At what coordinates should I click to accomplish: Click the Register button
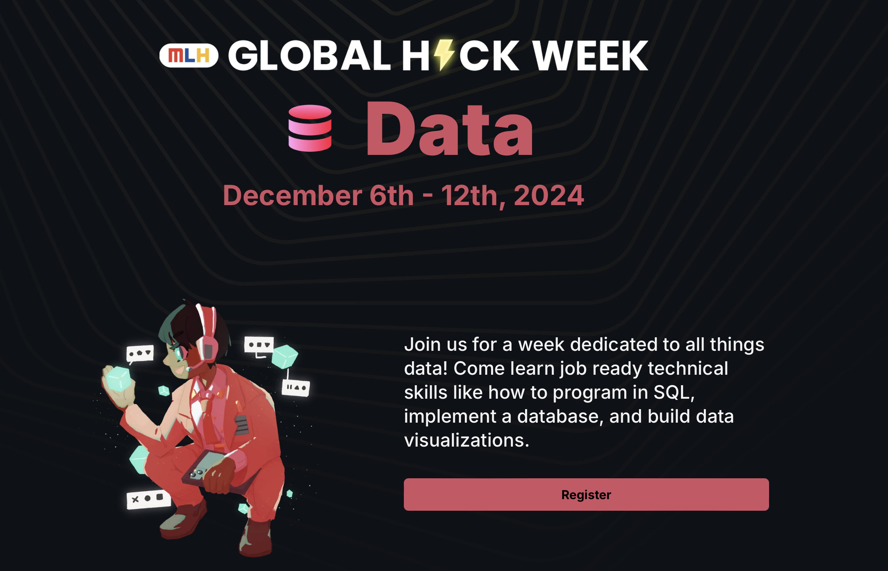[586, 495]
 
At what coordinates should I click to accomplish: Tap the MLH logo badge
[189, 56]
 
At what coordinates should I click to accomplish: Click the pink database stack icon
[310, 128]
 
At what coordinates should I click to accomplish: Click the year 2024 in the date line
[549, 195]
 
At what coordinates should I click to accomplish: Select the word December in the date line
[293, 195]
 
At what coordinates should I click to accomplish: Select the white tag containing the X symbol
[149, 499]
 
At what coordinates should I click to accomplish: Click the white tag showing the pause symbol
[296, 387]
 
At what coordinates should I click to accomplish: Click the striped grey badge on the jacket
[241, 425]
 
